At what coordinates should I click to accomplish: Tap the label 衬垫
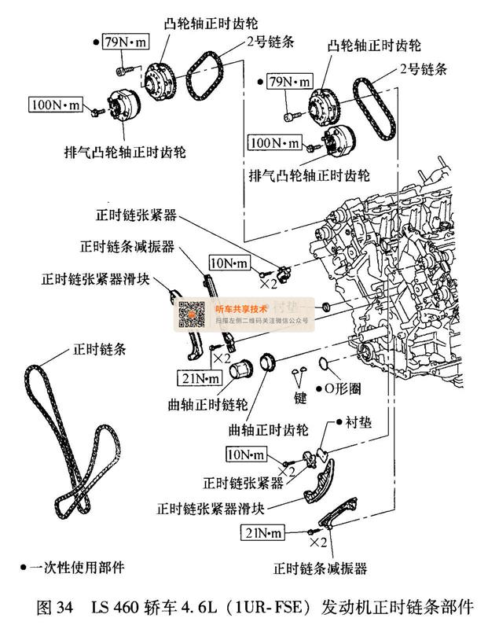point(360,422)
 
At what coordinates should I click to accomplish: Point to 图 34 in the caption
point(55,607)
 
